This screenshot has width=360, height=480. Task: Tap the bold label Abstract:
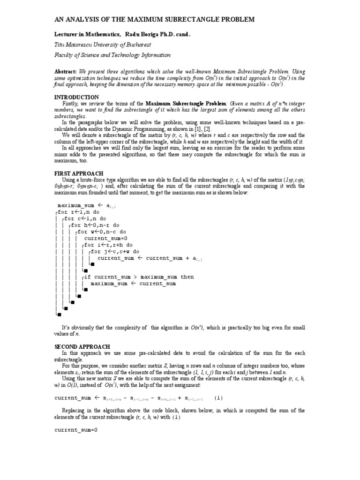(x=68, y=72)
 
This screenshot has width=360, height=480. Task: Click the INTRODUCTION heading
(x=77, y=97)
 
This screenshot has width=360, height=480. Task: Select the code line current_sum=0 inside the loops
(x=105, y=238)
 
